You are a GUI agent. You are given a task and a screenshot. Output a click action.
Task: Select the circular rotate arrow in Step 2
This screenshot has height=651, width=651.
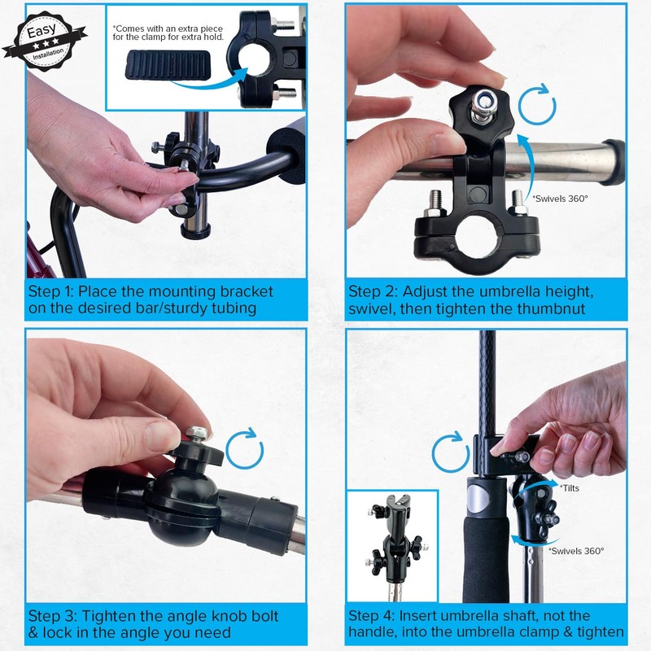click(536, 108)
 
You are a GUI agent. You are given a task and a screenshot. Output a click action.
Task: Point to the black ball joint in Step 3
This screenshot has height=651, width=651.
click(181, 509)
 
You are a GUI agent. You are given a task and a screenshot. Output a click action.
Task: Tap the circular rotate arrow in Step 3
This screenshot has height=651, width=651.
click(245, 448)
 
